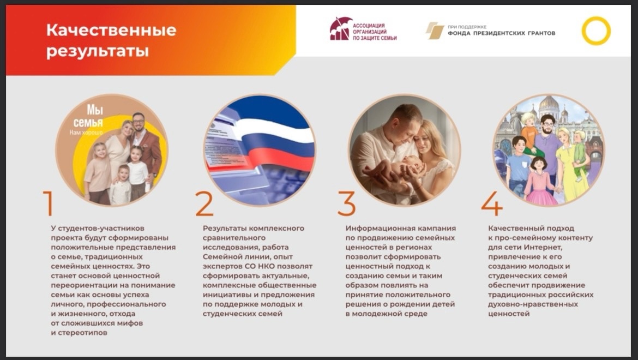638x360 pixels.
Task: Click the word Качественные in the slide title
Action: coord(111,30)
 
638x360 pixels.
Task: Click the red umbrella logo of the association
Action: coord(340,28)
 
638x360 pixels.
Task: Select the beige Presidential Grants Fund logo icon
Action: coord(435,31)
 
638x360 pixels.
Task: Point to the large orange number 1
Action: coord(49,203)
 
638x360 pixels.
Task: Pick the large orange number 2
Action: coord(204,203)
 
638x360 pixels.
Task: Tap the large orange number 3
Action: coord(346,203)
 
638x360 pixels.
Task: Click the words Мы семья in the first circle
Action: coord(88,116)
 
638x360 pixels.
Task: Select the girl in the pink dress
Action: coord(540,182)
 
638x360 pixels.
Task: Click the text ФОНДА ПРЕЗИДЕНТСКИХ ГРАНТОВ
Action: coord(501,33)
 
